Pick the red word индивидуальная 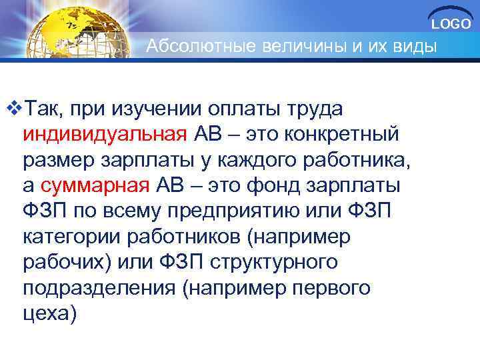pos(105,133)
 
